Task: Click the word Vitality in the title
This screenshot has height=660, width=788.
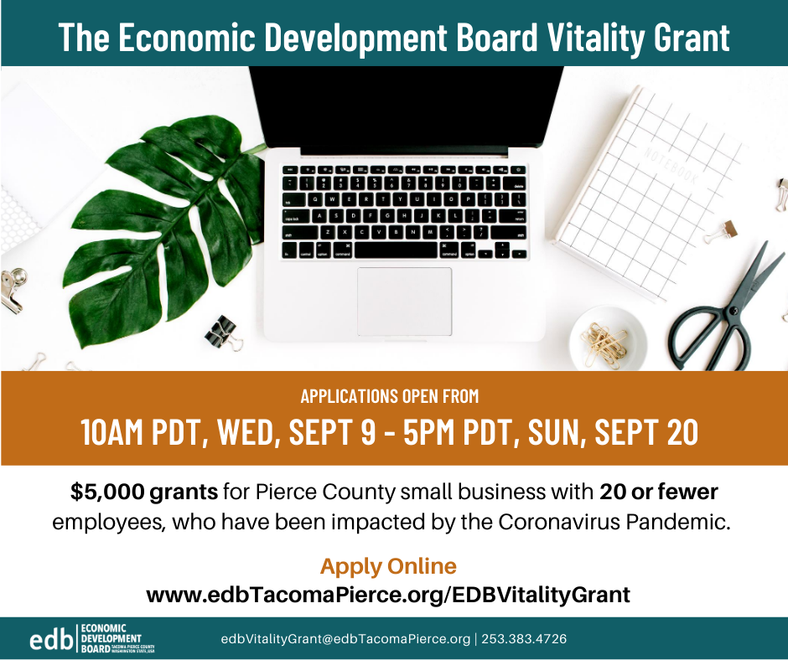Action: pyautogui.click(x=595, y=37)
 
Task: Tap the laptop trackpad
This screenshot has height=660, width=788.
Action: pyautogui.click(x=405, y=302)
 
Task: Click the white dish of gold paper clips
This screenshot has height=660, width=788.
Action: pyautogui.click(x=608, y=338)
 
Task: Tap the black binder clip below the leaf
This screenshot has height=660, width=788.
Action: pyautogui.click(x=223, y=333)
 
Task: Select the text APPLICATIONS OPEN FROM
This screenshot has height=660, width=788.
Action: pyautogui.click(x=390, y=396)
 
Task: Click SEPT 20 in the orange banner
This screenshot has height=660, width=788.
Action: pyautogui.click(x=647, y=431)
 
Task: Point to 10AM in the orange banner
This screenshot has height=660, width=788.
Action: pyautogui.click(x=112, y=431)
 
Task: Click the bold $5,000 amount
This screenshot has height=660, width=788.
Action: pyautogui.click(x=107, y=492)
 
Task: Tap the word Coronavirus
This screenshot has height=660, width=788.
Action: pyautogui.click(x=559, y=523)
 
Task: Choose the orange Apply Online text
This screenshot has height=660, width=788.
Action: pyautogui.click(x=388, y=566)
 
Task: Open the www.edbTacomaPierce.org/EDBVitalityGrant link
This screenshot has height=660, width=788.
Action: pyautogui.click(x=388, y=596)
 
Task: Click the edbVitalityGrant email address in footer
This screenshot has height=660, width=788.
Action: pyautogui.click(x=345, y=639)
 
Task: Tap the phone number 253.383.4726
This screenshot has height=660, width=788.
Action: pyautogui.click(x=524, y=639)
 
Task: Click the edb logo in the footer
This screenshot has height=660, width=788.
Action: pyautogui.click(x=92, y=638)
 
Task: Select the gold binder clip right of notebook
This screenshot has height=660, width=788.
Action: pyautogui.click(x=721, y=231)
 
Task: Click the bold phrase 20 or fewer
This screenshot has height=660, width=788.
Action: pyautogui.click(x=658, y=492)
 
